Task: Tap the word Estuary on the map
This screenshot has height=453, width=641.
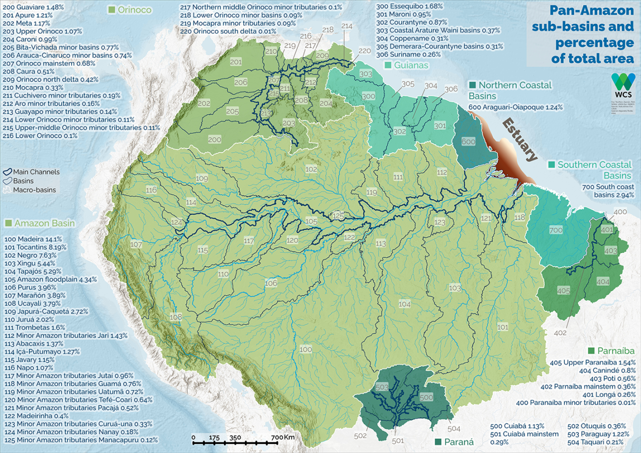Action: click(520, 140)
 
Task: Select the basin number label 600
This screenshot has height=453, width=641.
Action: click(468, 142)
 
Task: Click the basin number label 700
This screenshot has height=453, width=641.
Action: click(555, 230)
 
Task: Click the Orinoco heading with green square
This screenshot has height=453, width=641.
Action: click(124, 10)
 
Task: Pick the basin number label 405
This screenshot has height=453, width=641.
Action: click(563, 290)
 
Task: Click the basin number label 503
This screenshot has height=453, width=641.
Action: click(382, 387)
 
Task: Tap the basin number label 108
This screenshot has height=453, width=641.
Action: click(176, 317)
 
